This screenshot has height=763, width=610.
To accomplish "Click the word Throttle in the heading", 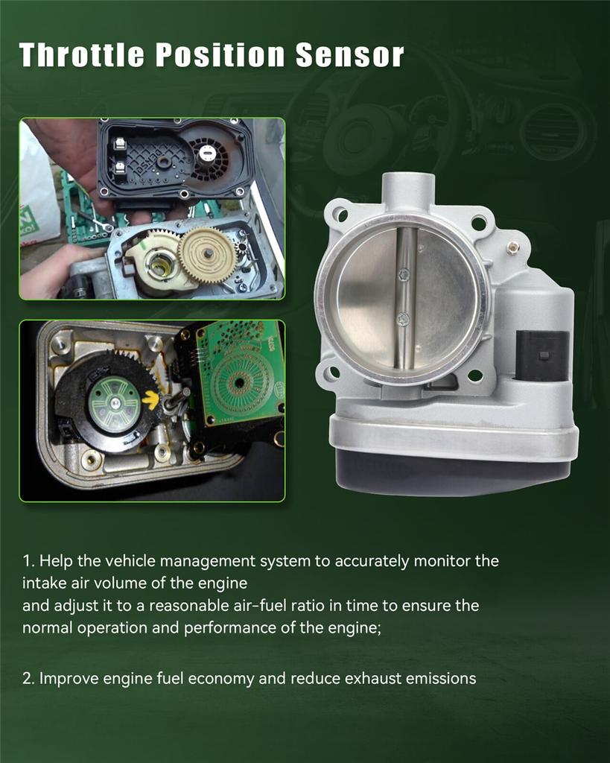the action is click(x=82, y=54).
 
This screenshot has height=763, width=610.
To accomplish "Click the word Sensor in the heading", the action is click(x=349, y=54).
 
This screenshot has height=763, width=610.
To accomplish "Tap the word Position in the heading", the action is click(x=220, y=54).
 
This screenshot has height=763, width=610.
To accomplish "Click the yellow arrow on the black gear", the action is click(x=150, y=399).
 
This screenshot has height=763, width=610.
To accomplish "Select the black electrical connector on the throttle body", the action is click(x=542, y=355).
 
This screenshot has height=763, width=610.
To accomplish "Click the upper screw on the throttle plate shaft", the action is click(x=403, y=275).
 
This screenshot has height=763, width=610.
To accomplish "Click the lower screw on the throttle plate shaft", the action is click(x=403, y=319).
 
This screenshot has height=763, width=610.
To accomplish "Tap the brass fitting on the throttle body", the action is click(x=512, y=247).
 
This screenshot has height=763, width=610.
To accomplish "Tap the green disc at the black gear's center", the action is click(x=115, y=404).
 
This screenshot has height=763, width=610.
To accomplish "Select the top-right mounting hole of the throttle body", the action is click(x=479, y=224).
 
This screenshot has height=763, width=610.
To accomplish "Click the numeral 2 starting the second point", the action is click(x=27, y=678).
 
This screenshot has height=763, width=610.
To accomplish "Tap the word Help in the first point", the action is click(x=56, y=561).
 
